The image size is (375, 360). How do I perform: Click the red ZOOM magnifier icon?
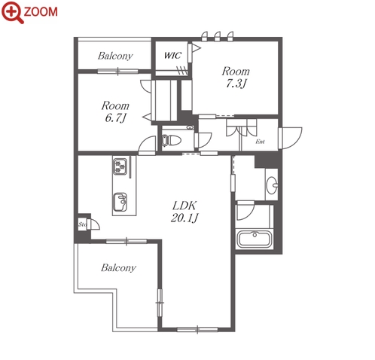point(13,12)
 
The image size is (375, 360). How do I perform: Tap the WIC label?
point(172,55)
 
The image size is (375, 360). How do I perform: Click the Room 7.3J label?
point(236,78)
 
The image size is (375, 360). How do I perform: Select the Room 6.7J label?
point(115,111)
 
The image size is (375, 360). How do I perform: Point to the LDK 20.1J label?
point(184,212)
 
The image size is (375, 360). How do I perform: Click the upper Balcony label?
point(115,56)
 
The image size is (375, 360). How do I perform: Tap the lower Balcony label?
point(118,268)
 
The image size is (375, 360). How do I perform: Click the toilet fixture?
point(171,141)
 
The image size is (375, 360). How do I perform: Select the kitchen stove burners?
point(120,166)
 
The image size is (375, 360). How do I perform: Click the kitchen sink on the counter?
point(120,202)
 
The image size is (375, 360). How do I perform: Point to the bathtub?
point(254,239)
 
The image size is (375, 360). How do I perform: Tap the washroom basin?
point(272,185)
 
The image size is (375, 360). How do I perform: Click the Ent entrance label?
point(260,142)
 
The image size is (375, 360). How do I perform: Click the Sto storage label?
point(83,224)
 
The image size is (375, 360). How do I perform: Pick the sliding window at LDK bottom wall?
point(197,329)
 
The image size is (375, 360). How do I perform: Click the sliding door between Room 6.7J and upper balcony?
point(117,72)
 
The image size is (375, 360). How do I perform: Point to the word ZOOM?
point(41,11)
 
